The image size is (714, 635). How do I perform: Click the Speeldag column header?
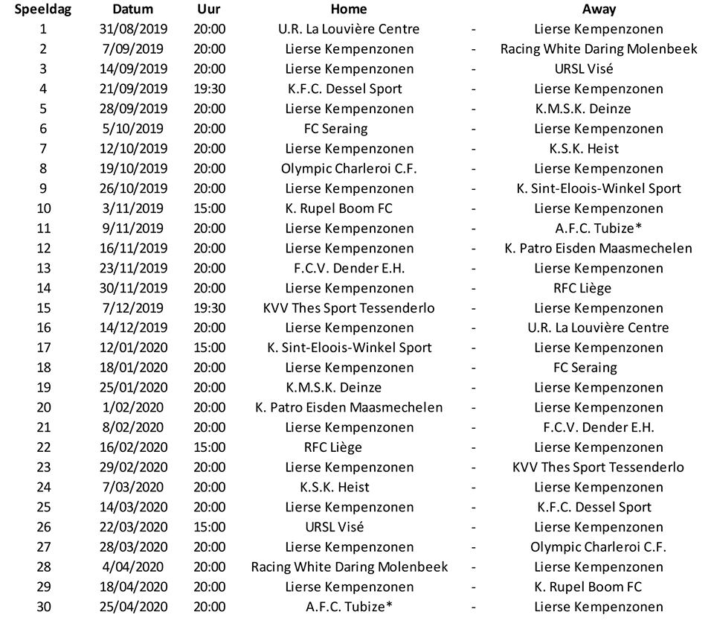[x=42, y=10]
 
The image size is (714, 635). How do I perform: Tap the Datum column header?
[x=133, y=10]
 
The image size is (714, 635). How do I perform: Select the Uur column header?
[x=209, y=10]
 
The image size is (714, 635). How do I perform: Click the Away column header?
[x=599, y=10]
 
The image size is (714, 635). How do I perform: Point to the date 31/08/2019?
[x=133, y=30]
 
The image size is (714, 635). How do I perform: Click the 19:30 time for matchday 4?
[x=209, y=89]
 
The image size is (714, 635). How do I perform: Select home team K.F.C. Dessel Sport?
[x=344, y=89]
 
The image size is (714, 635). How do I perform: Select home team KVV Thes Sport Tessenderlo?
[x=349, y=308]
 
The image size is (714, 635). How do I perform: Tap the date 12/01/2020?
[x=133, y=348]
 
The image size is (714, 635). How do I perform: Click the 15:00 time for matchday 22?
[x=209, y=447]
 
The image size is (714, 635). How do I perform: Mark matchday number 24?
[x=44, y=488]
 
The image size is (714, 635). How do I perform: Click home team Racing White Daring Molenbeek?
[x=350, y=567]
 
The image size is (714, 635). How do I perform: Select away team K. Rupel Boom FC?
[x=588, y=587]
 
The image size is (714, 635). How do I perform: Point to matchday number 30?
[x=44, y=607]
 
